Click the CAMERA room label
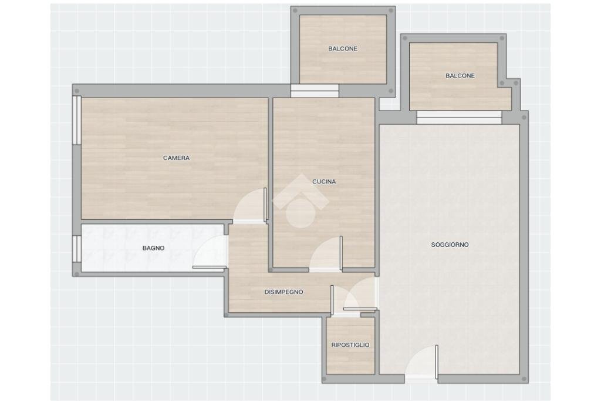(176, 158)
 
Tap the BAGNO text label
(153, 248)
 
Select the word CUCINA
(324, 182)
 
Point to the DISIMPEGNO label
(283, 292)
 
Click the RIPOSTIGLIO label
(350, 345)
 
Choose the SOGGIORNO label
(450, 245)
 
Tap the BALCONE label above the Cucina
(343, 49)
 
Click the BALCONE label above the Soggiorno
(460, 76)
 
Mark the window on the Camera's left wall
(77, 120)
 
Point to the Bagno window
(77, 249)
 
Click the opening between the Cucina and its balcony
(315, 91)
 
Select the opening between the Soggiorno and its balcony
(459, 117)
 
